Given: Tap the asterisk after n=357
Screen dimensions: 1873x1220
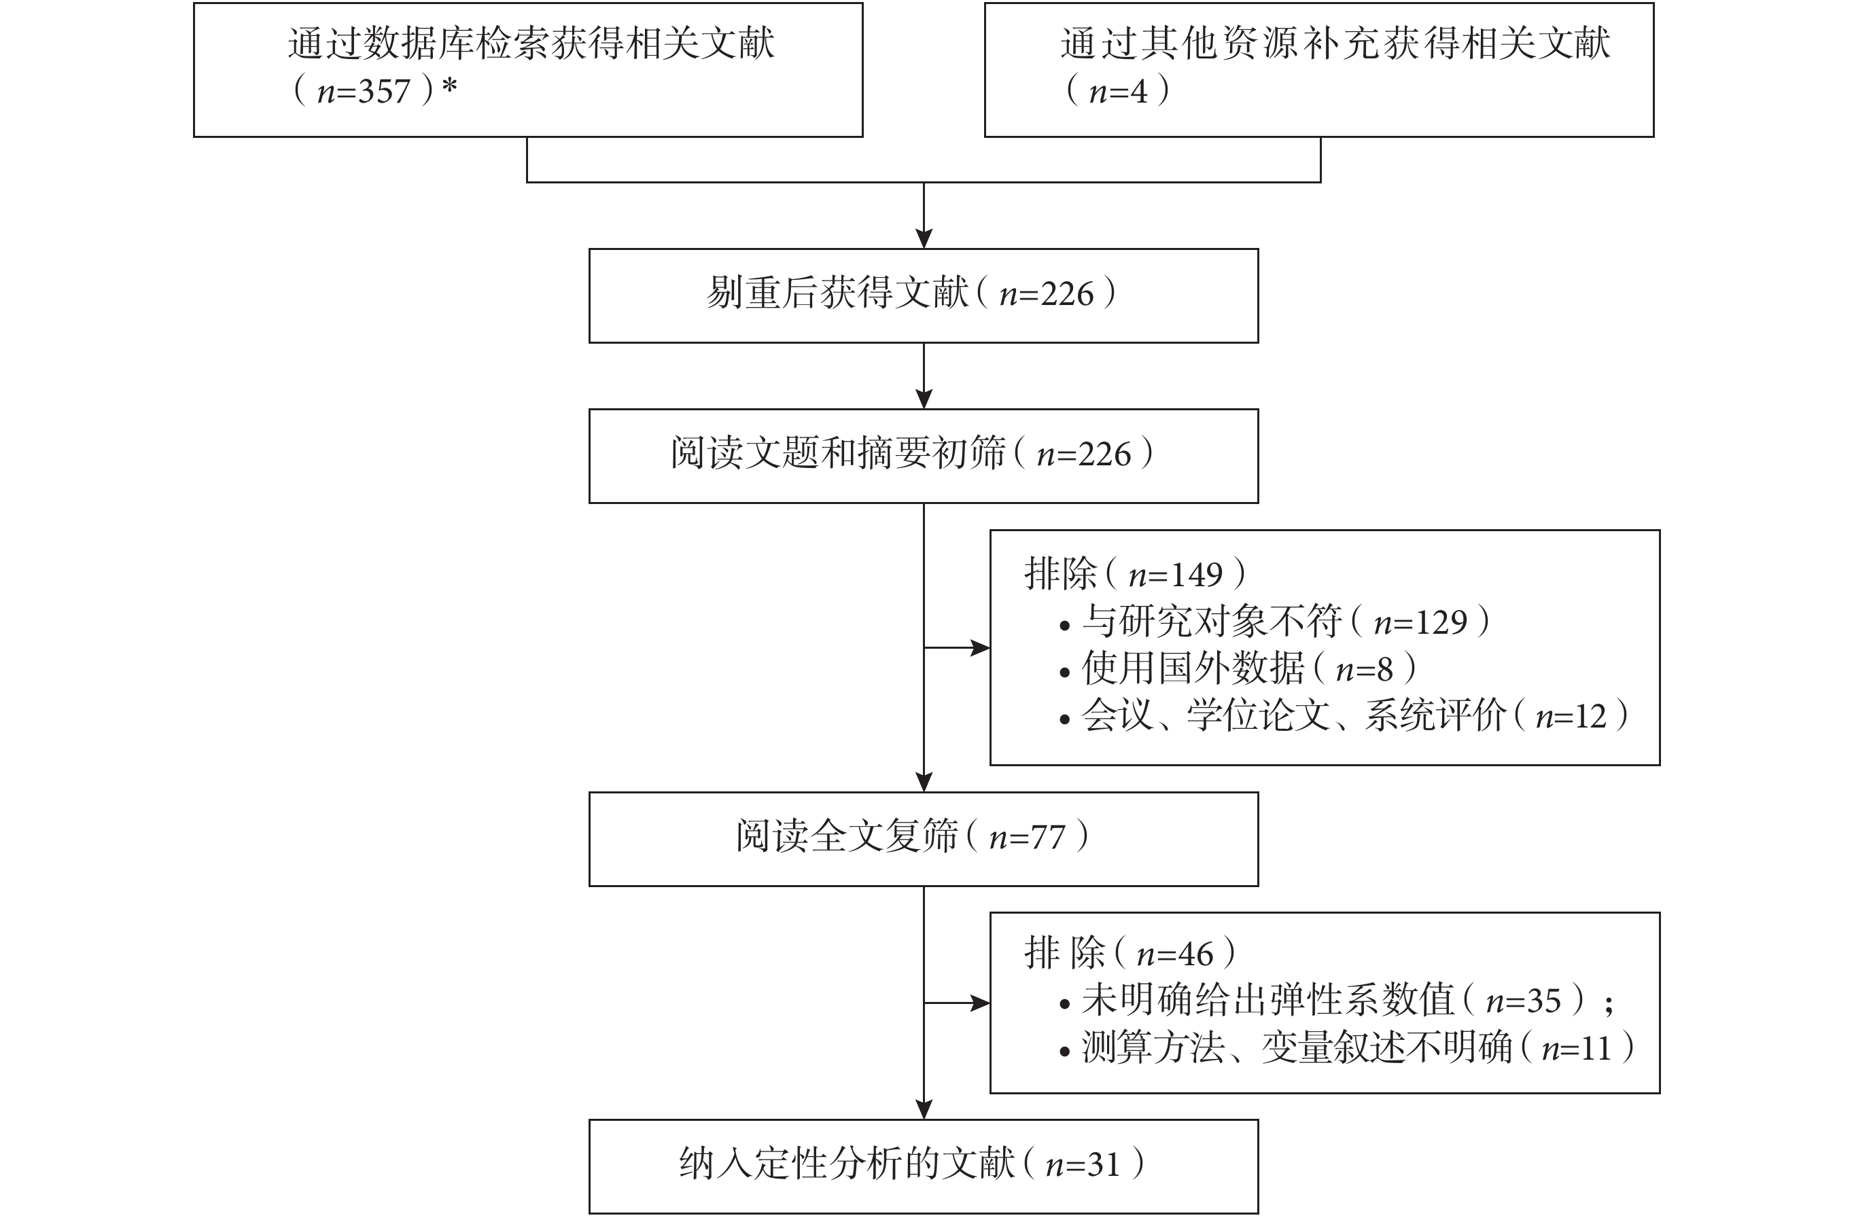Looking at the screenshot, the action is point(449,86).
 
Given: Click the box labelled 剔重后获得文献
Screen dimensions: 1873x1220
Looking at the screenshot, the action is point(923,295).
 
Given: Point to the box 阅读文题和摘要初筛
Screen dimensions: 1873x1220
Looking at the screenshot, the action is point(923,456).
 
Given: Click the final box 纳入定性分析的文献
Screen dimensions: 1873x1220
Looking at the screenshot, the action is point(923,1166).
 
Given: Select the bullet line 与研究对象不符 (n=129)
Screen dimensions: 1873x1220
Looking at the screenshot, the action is point(1276,623).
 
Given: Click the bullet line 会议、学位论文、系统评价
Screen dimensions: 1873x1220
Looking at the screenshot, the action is point(1345,717).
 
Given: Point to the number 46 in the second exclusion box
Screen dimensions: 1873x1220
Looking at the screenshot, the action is point(1196,955).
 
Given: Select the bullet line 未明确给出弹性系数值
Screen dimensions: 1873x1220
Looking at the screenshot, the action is point(1338,1001).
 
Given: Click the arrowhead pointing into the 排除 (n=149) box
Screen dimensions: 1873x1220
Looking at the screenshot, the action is point(981,647).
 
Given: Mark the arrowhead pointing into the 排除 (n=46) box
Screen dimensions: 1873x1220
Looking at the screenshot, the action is point(981,1003).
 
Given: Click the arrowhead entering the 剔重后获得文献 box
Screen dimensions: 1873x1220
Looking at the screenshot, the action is point(924,239).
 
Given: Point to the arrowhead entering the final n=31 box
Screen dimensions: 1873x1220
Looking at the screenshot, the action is point(924,1110).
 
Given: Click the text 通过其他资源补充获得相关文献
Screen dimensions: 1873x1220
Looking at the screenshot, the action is point(1335,43).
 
